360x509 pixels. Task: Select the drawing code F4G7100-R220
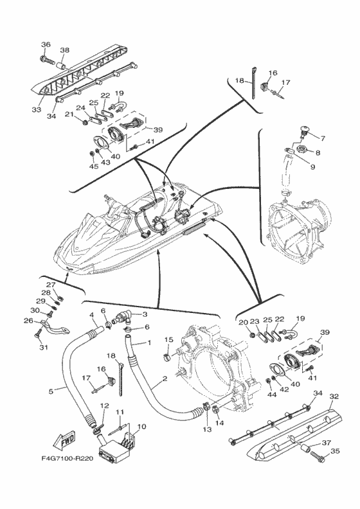pyautogui.click(x=67, y=459)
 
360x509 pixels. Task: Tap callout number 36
pyautogui.click(x=46, y=44)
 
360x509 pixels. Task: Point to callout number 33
pyautogui.click(x=37, y=109)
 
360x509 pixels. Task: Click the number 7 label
pyautogui.click(x=322, y=139)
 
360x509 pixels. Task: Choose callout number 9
pyautogui.click(x=312, y=167)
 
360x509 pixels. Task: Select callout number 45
pyautogui.click(x=93, y=167)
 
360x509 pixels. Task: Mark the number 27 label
pyautogui.click(x=50, y=285)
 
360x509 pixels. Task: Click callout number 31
pyautogui.click(x=44, y=347)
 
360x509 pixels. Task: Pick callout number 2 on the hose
pyautogui.click(x=165, y=379)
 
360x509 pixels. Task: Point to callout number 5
pyautogui.click(x=51, y=391)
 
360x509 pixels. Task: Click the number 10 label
pyautogui.click(x=142, y=426)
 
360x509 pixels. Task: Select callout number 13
pyautogui.click(x=207, y=429)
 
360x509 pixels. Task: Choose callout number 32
pyautogui.click(x=334, y=397)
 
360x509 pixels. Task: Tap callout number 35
pyautogui.click(x=335, y=451)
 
